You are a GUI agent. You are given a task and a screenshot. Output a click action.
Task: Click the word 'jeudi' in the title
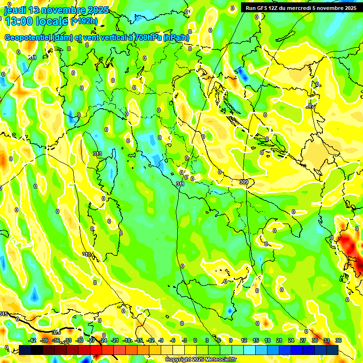(15, 10)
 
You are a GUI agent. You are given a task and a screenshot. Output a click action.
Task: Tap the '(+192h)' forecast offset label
(84, 21)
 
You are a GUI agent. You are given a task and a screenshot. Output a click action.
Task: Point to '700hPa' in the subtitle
(147, 38)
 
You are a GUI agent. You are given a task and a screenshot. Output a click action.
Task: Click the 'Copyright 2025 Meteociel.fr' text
(200, 360)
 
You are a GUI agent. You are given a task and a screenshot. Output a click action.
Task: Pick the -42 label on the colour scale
(32, 340)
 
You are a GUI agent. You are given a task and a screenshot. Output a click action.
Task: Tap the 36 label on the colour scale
(338, 340)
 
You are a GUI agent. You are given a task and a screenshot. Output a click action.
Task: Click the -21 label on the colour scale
(115, 340)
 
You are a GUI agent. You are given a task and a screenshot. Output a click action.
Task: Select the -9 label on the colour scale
(161, 340)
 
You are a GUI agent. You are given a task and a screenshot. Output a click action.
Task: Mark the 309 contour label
(244, 182)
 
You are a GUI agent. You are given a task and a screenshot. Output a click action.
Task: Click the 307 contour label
(310, 106)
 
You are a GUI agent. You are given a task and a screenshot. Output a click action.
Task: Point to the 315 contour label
(4, 314)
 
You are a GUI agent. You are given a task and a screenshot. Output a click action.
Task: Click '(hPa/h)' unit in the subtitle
(176, 38)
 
